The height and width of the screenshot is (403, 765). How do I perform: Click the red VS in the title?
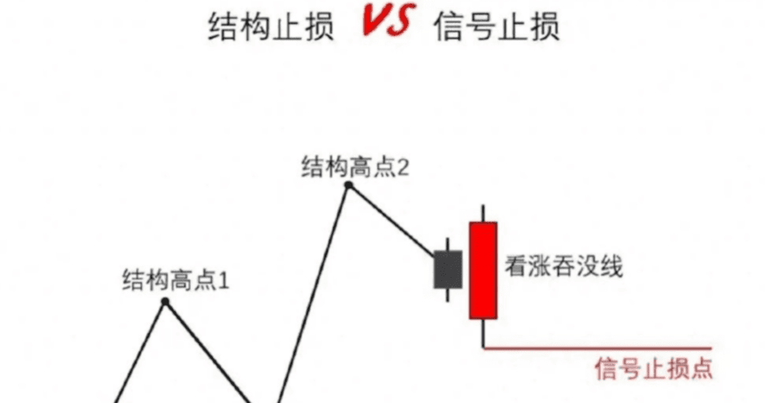tap(385, 23)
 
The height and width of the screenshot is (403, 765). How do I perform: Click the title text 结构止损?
tap(271, 27)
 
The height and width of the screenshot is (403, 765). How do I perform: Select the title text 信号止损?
tap(497, 27)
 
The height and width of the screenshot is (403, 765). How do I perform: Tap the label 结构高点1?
tap(175, 280)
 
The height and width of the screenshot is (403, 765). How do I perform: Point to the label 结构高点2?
tap(355, 167)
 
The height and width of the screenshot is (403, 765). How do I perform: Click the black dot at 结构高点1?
tap(165, 301)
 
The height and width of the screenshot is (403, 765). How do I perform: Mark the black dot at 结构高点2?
tap(348, 186)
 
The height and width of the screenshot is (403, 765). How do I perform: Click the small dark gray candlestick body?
tap(447, 270)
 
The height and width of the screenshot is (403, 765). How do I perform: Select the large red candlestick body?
tap(483, 270)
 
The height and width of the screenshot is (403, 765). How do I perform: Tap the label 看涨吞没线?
tap(564, 268)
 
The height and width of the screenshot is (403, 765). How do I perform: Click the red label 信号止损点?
tap(654, 368)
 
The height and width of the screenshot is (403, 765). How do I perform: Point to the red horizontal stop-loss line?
tap(599, 347)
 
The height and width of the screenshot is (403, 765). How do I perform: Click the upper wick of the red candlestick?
tap(483, 213)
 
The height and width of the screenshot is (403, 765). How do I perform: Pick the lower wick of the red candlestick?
tap(483, 332)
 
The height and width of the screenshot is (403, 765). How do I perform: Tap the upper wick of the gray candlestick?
tap(447, 245)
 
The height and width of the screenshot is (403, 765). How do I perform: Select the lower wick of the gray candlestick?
tap(447, 294)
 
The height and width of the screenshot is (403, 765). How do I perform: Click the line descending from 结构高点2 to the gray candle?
tap(392, 220)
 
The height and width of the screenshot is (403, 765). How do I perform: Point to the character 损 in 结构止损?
tap(318, 27)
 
